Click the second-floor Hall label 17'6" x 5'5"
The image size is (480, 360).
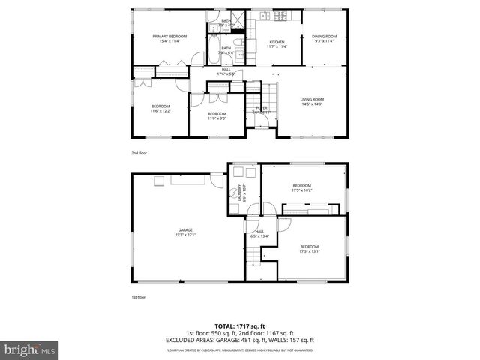pyautogui.click(x=226, y=71)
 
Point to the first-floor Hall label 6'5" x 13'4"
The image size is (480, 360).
pyautogui.click(x=259, y=234)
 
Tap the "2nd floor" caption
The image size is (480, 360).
pyautogui.click(x=138, y=152)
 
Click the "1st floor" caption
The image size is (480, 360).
pyautogui.click(x=138, y=297)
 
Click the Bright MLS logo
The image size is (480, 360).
pyautogui.click(x=29, y=349)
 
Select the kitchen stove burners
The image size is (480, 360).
pyautogui.click(x=265, y=16)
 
